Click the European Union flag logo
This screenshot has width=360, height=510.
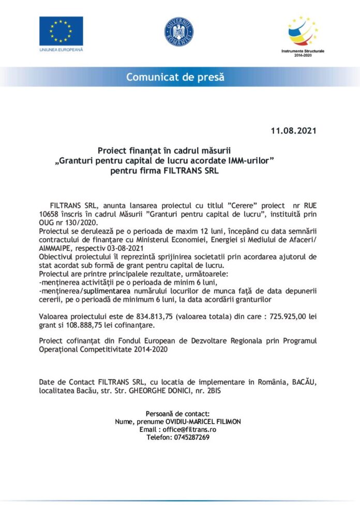61,31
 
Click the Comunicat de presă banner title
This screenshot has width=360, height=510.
176,78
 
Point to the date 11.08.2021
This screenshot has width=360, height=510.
293,130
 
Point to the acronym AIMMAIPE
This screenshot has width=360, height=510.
55,247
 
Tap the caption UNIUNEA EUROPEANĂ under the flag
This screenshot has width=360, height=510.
61,50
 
